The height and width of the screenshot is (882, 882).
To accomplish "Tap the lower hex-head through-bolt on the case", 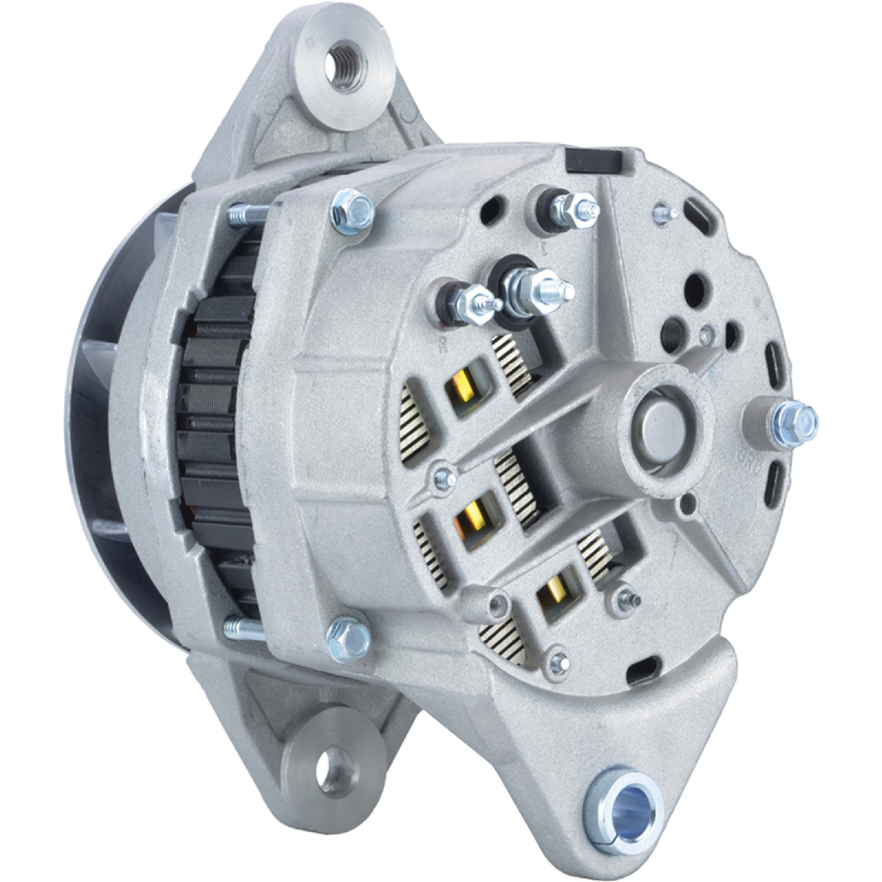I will (347, 635).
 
